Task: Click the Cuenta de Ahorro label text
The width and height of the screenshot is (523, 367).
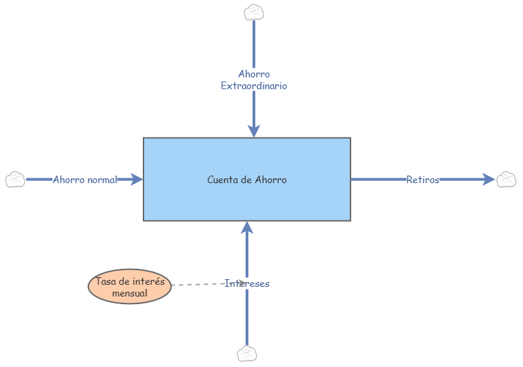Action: (x=247, y=180)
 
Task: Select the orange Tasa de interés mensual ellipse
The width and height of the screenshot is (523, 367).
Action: (x=130, y=287)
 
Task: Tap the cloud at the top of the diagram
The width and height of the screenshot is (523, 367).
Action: (x=255, y=12)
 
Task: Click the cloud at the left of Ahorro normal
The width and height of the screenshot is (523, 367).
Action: (x=15, y=180)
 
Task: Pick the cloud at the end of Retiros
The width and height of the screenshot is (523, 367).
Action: (x=506, y=180)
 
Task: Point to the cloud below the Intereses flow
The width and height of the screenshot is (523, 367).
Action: (x=247, y=354)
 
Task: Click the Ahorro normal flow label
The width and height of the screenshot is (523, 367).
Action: (x=86, y=180)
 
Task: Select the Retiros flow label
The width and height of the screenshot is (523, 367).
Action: (x=423, y=180)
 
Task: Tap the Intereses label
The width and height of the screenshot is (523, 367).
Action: (x=247, y=283)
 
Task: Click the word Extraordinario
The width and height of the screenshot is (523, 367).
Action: (x=254, y=86)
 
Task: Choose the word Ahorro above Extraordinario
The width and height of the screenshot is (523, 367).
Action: (x=254, y=74)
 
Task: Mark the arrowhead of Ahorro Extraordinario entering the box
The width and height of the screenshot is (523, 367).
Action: (x=254, y=131)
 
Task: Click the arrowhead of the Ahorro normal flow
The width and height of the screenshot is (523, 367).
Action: (x=137, y=180)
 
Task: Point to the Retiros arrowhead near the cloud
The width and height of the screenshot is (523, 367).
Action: (x=489, y=180)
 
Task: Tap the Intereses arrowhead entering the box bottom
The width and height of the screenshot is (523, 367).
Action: (x=247, y=228)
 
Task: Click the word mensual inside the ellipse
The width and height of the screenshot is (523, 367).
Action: (x=130, y=293)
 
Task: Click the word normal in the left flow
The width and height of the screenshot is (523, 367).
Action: (x=102, y=180)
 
